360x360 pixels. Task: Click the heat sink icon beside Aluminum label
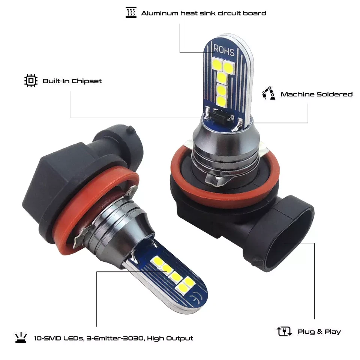(131, 13)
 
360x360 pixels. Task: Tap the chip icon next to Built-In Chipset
(31, 81)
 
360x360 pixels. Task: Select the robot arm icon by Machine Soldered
(268, 94)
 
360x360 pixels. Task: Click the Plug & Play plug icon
(284, 331)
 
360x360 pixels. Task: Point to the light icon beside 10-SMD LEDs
(21, 338)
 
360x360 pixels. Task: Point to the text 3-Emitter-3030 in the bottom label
(114, 338)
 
